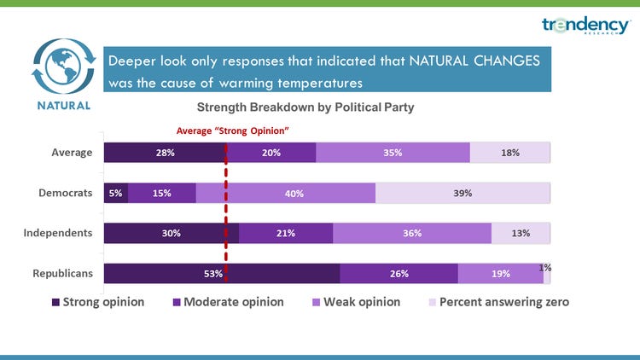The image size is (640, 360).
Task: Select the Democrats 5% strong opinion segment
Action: [115, 194]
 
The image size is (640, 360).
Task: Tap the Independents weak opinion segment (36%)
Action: [412, 234]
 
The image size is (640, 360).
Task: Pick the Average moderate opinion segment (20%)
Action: [272, 153]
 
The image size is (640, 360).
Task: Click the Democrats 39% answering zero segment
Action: [463, 194]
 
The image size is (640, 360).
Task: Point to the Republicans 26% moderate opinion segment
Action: [399, 274]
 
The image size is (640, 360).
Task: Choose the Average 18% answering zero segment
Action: [510, 153]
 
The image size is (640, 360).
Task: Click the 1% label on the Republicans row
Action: [544, 267]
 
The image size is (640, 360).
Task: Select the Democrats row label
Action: [66, 193]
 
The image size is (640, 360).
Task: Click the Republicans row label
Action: [62, 274]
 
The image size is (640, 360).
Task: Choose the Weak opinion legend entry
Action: [356, 302]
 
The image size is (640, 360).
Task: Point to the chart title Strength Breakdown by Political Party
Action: [305, 108]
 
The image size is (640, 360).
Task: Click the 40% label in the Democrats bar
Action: [294, 194]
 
